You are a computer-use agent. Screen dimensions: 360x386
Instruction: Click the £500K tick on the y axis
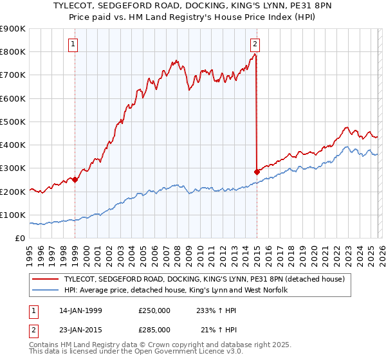pos(13,122)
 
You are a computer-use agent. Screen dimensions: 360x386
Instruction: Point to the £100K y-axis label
pos(13,215)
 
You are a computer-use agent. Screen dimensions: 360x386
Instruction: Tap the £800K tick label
pos(13,52)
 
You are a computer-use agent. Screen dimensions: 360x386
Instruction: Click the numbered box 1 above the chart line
pos(75,44)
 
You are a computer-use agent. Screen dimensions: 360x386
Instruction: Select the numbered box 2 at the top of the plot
pos(255,44)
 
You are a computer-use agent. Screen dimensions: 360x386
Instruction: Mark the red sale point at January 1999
pos(75,180)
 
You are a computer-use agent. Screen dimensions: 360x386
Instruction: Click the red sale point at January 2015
pos(257,172)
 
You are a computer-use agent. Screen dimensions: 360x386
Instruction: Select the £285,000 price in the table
pos(154,330)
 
